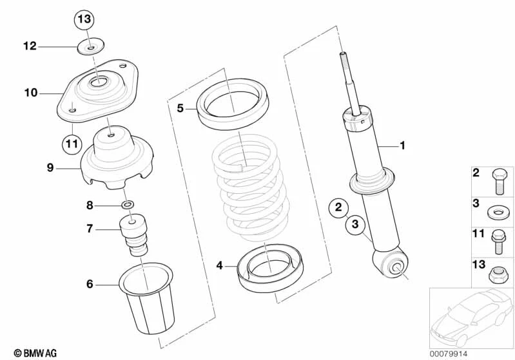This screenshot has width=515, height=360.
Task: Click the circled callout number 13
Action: (x=84, y=19)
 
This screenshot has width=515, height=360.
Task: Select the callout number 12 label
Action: (x=30, y=46)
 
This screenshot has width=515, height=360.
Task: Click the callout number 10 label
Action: (x=31, y=93)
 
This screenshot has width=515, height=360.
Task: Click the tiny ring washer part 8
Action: (x=128, y=205)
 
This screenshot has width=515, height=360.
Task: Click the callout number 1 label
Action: (x=402, y=146)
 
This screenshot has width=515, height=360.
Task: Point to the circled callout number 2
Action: (x=337, y=207)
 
